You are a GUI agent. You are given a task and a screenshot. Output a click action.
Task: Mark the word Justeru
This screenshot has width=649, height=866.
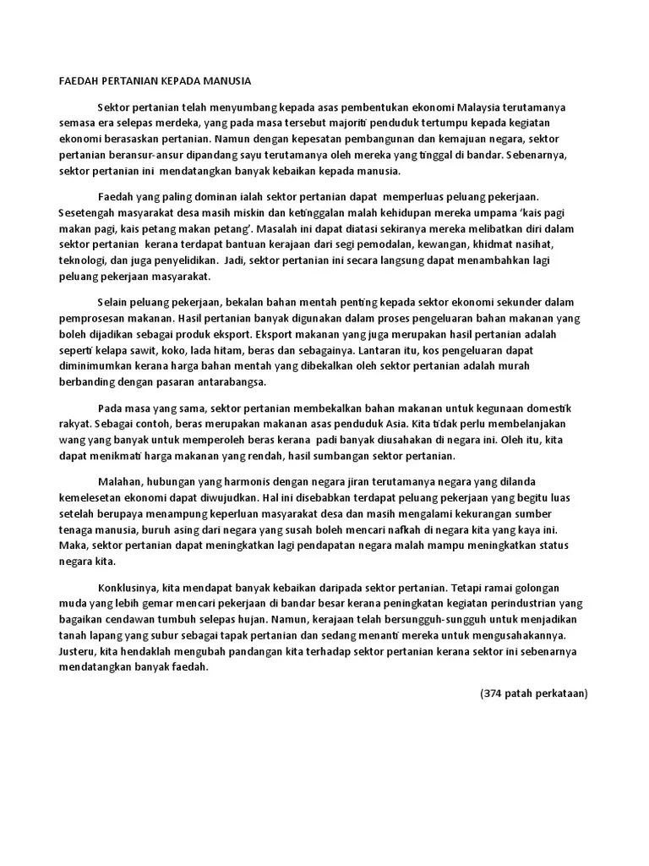coord(79,650)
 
